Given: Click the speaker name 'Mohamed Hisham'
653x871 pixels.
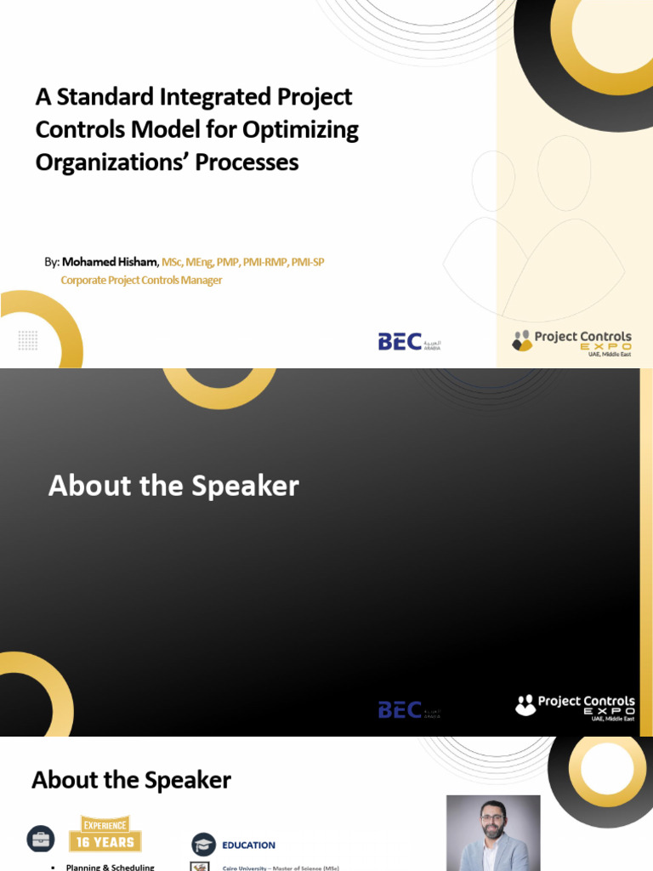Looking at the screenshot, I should pos(110,262).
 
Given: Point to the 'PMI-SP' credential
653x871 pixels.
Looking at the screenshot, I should pos(308,262).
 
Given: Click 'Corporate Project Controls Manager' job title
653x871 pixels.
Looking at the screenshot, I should pos(141,281).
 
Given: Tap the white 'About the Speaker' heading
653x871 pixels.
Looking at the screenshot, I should pos(173,486).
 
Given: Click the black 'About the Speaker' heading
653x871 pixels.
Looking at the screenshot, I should pos(131,780).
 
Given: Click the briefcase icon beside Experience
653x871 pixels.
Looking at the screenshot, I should pos(40,838).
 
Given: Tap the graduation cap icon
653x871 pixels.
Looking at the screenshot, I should pos(203,844).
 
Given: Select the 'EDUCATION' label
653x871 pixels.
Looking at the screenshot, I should pos(248,845).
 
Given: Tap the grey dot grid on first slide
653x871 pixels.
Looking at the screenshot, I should pos(28,340).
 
